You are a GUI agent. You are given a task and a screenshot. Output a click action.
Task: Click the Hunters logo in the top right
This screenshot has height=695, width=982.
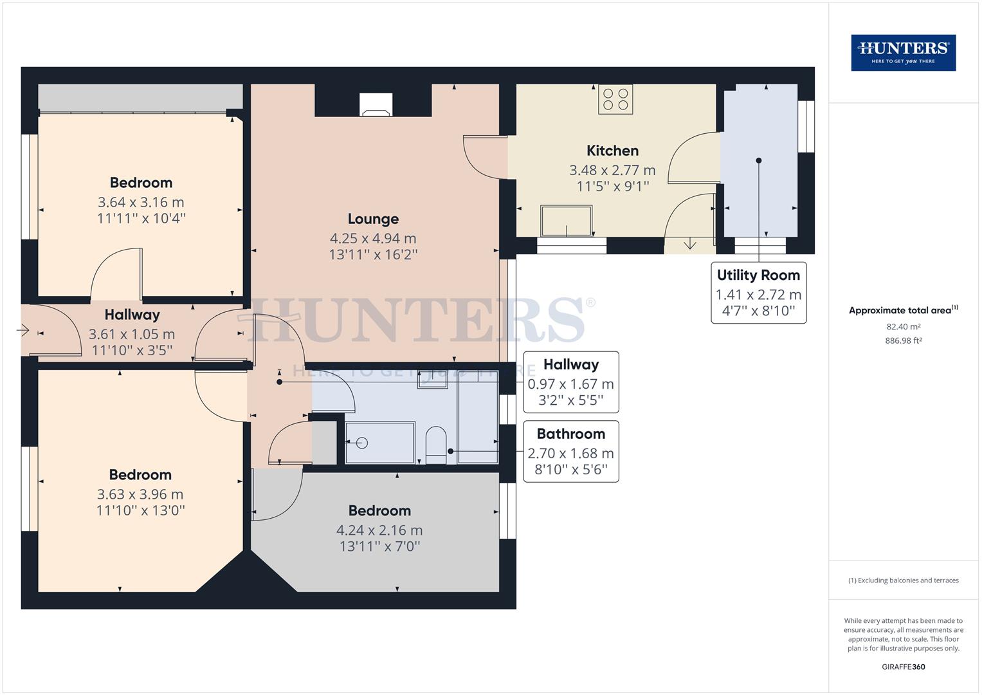(x=903, y=53)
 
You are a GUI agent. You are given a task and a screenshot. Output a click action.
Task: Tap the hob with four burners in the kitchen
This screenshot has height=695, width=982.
(x=615, y=99)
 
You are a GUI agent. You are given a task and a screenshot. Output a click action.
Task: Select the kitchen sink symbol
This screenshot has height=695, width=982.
(x=566, y=221)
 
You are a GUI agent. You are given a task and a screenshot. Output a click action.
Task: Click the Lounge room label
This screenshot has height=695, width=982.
(x=373, y=219)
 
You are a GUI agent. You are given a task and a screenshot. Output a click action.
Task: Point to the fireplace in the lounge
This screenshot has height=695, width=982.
(x=375, y=105)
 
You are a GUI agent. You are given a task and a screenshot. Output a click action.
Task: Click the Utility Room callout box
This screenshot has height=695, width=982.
(x=758, y=293)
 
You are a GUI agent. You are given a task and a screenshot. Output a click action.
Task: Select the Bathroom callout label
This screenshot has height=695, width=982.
(x=570, y=434)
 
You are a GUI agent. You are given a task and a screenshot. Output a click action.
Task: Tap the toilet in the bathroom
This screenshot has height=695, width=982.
(x=435, y=445)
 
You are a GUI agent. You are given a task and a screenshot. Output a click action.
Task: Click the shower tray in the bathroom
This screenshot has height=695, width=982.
(x=379, y=443)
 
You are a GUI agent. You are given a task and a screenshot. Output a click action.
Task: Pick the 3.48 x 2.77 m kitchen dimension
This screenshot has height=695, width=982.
(x=612, y=171)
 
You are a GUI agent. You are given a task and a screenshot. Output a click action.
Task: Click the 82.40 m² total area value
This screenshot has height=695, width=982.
(x=903, y=327)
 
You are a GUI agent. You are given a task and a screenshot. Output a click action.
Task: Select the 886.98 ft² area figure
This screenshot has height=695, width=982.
(x=903, y=341)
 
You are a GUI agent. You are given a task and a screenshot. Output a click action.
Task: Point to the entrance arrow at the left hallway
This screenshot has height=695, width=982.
(x=23, y=331)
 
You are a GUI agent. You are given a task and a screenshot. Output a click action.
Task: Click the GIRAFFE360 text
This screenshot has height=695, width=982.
(x=903, y=667)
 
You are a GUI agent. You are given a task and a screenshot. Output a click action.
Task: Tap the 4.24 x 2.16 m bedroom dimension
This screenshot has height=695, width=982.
(x=379, y=530)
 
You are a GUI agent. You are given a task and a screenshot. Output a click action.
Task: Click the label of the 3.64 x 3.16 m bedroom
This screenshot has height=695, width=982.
(x=141, y=183)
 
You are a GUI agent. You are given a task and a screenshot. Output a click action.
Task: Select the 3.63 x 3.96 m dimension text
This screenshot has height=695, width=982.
(x=140, y=494)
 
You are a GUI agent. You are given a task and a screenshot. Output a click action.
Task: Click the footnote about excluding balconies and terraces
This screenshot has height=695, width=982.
(x=903, y=580)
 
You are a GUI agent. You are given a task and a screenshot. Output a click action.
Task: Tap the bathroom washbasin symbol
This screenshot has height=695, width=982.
(x=432, y=380)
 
